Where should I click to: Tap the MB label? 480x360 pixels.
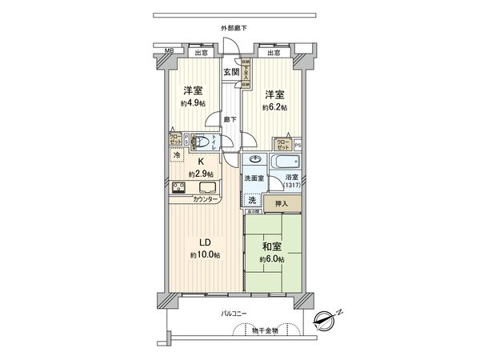169,52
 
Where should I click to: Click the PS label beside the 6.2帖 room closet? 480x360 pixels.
298,145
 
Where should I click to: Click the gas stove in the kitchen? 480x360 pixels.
178,190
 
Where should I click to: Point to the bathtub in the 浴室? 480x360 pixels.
286,162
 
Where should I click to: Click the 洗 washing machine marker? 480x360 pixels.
252,199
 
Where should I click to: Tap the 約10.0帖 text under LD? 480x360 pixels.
205,255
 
